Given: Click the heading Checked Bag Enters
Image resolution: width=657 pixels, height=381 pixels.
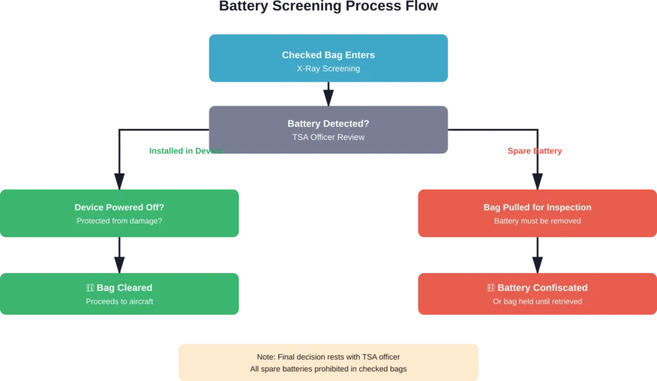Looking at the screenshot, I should (x=328, y=55).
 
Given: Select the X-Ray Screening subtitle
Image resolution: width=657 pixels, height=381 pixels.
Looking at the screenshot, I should (x=328, y=69).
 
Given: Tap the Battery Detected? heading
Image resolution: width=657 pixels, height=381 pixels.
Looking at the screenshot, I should (x=328, y=124).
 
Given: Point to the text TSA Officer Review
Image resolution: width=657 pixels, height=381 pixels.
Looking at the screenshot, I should (x=328, y=137).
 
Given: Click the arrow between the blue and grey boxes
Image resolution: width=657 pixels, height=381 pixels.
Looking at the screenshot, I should (x=328, y=94).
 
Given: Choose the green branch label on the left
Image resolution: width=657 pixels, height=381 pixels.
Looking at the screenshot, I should (x=185, y=153).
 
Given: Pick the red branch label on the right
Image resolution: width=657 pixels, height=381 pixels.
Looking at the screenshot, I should (x=534, y=153).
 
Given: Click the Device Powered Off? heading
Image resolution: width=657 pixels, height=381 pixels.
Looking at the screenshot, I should (x=120, y=207).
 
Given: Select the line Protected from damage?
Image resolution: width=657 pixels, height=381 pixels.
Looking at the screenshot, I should (x=120, y=221).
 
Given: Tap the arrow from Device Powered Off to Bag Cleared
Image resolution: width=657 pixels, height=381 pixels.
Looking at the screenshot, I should (x=120, y=257).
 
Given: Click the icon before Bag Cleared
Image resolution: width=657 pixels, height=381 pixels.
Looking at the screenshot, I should (x=90, y=288).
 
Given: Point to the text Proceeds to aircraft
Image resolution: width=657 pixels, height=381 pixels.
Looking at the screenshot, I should (x=120, y=301).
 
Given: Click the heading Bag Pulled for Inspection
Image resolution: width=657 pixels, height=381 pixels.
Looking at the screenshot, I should (x=537, y=207).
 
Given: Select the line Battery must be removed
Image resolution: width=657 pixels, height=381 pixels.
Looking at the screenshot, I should (x=537, y=221).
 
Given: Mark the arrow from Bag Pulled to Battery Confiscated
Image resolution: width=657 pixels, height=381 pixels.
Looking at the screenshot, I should (x=537, y=257).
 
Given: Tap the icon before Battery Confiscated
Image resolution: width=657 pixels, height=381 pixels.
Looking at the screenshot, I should (x=491, y=288).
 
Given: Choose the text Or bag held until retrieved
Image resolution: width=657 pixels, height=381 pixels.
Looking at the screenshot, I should (x=537, y=301).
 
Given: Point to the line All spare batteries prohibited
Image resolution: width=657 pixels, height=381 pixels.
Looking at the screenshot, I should (x=328, y=369).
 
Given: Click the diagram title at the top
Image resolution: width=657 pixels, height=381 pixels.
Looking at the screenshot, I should (x=328, y=8).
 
